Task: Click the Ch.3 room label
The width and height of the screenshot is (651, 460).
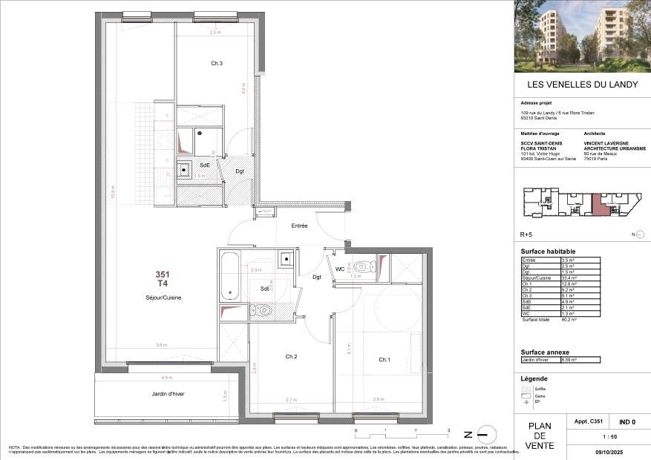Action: (x=217, y=64)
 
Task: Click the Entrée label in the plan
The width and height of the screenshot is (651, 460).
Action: (x=298, y=226)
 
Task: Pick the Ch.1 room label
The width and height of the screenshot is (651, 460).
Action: (x=385, y=360)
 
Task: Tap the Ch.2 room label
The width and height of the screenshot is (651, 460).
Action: (x=291, y=357)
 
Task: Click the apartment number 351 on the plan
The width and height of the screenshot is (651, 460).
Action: (x=162, y=275)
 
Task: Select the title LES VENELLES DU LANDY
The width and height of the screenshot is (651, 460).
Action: (x=582, y=85)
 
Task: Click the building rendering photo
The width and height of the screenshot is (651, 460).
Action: (x=582, y=36)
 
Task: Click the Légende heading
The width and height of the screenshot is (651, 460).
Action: (x=535, y=378)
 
